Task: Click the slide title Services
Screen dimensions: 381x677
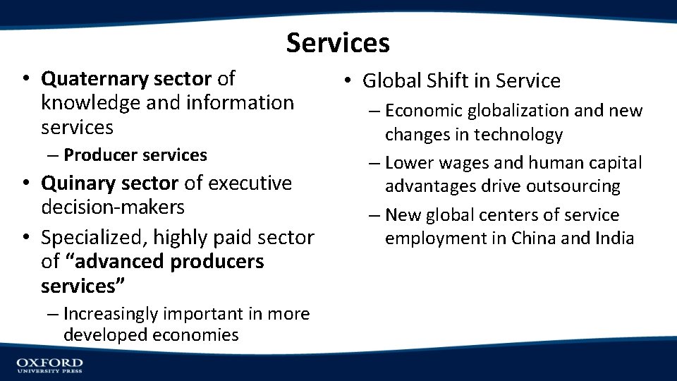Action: tap(338, 43)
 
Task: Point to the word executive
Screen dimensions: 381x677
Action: tap(251, 183)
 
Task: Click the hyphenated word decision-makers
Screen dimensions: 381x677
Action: tap(113, 207)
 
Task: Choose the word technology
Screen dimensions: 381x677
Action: tap(518, 135)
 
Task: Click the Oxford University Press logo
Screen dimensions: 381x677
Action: tap(49, 365)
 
